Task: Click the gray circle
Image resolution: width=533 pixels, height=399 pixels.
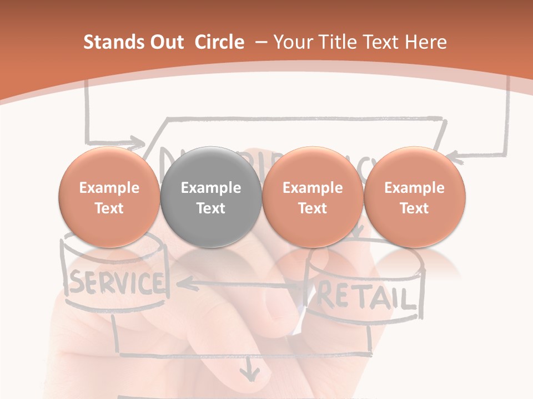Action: coord(211,197)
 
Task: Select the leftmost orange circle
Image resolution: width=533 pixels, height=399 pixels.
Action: coord(109,197)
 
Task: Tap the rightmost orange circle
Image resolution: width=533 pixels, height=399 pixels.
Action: coord(414,197)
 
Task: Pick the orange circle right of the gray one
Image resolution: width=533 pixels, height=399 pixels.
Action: coord(313,197)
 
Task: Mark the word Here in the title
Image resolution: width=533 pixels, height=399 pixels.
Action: coord(425,42)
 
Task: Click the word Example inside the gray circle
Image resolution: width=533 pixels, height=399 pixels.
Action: coord(211,188)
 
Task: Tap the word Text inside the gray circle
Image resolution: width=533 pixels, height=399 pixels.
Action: coord(211,208)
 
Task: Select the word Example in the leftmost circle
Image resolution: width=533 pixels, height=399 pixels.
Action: coord(109,188)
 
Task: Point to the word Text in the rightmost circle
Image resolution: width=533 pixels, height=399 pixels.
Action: coord(414,208)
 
